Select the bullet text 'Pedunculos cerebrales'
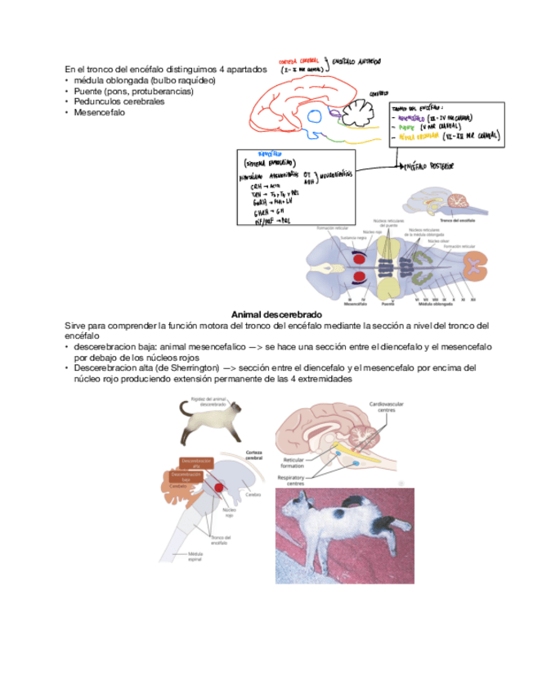coord(119,101)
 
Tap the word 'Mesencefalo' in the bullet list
coord(99,112)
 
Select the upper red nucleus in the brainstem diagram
coord(360,259)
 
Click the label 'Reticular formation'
coord(293,462)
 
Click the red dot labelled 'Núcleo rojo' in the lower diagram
coord(221,489)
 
